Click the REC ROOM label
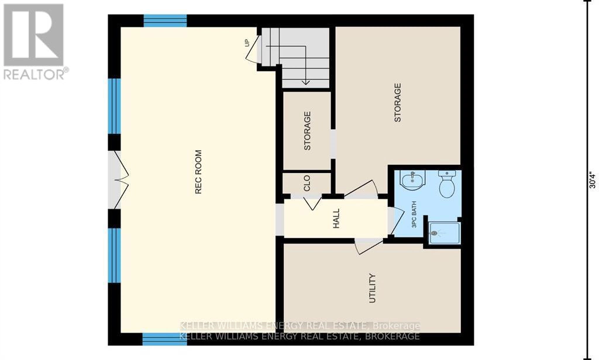click(198, 172)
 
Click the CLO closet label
click(307, 184)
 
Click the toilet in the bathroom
click(447, 184)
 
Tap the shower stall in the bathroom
click(445, 234)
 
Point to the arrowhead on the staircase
click(305, 82)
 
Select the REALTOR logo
click(34, 41)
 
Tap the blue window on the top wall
click(164, 21)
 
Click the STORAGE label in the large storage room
click(398, 102)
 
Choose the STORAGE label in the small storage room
click(307, 131)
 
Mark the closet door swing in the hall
click(311, 202)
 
